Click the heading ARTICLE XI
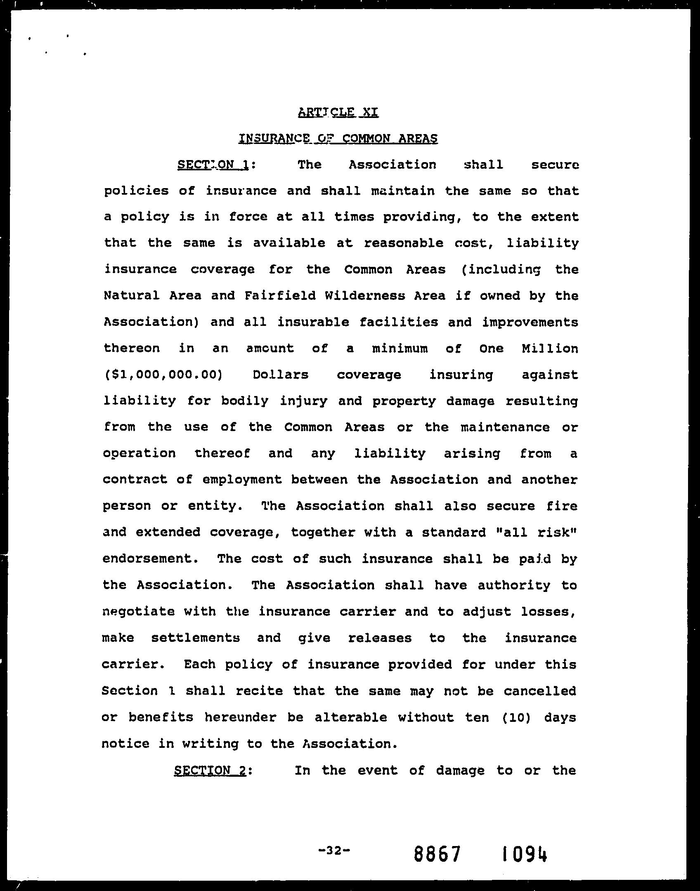[338, 112]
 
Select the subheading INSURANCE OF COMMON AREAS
[338, 139]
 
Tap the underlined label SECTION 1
[213, 165]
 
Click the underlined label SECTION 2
[210, 771]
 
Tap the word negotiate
[138, 611]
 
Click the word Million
[550, 349]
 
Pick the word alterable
[351, 717]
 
